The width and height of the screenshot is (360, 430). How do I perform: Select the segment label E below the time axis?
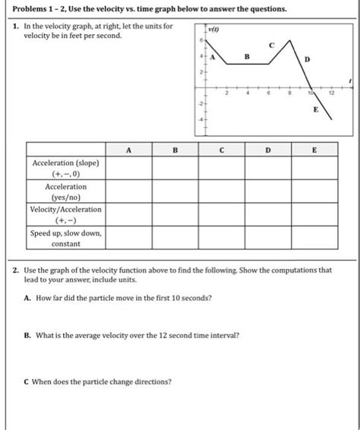[315, 110]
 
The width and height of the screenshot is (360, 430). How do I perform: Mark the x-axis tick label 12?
[332, 93]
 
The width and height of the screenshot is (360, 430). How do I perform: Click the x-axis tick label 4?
[246, 93]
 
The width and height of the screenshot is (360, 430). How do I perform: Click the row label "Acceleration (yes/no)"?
[65, 191]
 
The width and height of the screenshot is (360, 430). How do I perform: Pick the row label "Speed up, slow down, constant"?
[65, 238]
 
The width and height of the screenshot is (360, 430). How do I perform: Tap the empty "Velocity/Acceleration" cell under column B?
[175, 214]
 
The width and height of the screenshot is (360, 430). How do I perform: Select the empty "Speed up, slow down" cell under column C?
[221, 238]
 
